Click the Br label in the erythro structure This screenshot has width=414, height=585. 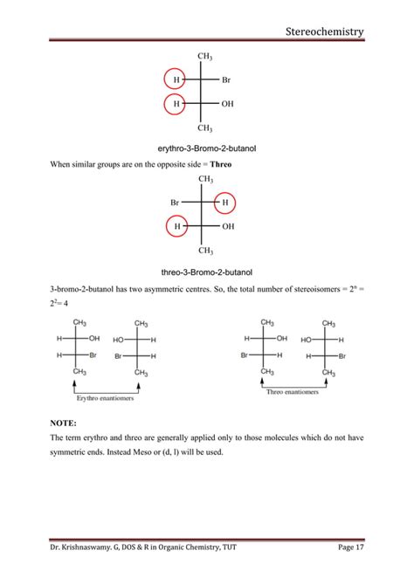coord(226,80)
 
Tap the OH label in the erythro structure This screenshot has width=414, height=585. coord(228,104)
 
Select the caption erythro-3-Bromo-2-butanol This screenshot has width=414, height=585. coord(206,148)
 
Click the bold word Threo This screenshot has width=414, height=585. coord(219,163)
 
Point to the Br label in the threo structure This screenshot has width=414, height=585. coord(176,203)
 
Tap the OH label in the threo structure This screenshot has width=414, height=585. coord(228,226)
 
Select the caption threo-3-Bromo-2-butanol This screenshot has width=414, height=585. coord(206,272)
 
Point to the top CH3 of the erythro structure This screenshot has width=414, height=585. coord(206,57)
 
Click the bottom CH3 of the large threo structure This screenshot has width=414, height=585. coord(206,250)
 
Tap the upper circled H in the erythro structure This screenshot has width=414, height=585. coord(176,80)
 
